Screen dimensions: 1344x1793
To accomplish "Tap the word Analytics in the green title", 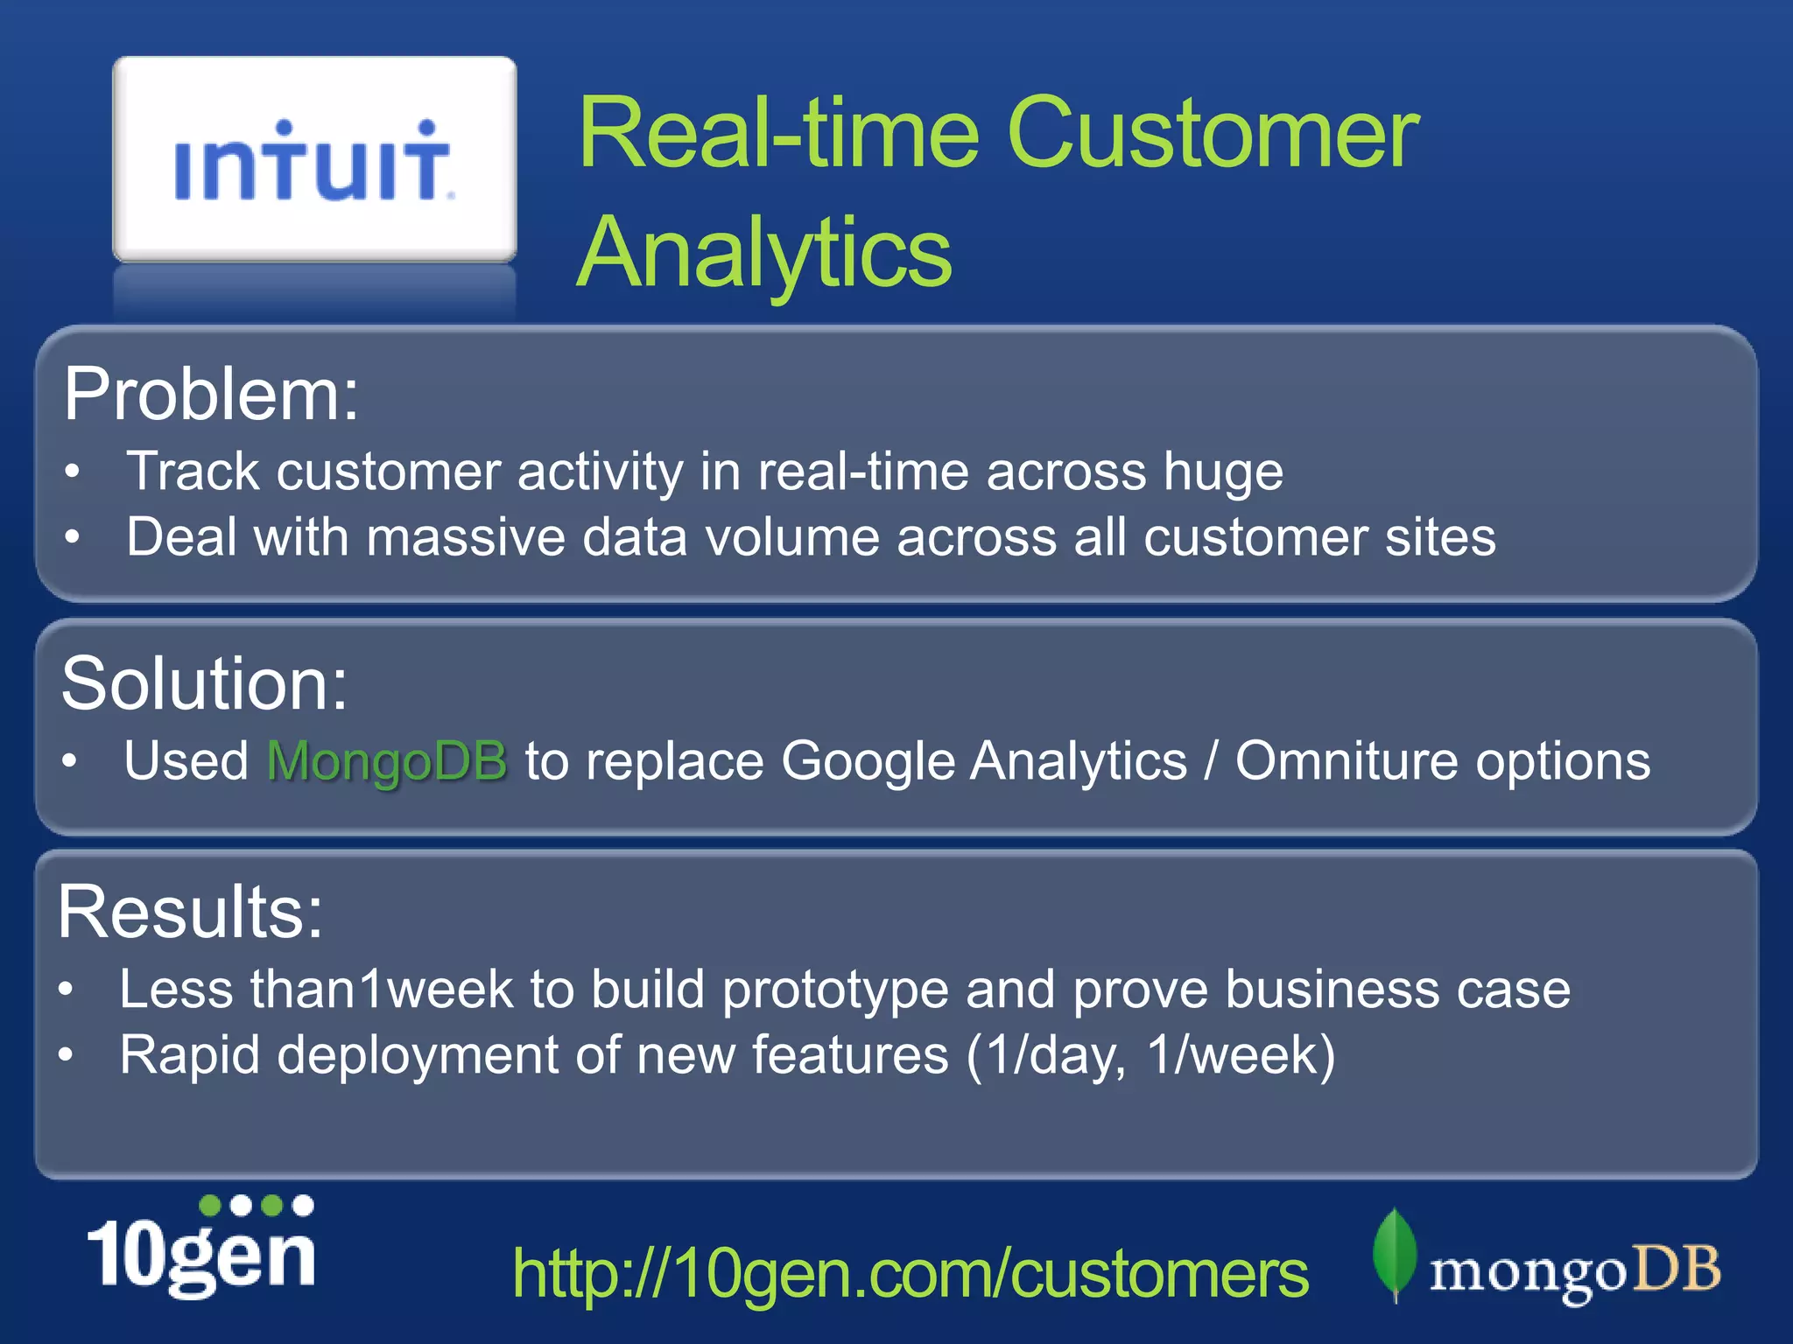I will pyautogui.click(x=764, y=252).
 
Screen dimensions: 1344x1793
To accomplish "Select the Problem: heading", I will pyautogui.click(x=211, y=395).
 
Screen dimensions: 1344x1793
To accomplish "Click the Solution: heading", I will pyautogui.click(x=204, y=683).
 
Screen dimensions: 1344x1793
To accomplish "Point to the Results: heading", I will pyautogui.click(x=190, y=912).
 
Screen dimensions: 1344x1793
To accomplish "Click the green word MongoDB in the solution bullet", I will pyautogui.click(x=386, y=760).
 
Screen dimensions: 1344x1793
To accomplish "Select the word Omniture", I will pyautogui.click(x=1347, y=760).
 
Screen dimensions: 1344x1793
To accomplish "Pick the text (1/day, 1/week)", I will pyautogui.click(x=1150, y=1054).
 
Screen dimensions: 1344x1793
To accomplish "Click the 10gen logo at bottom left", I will pyautogui.click(x=201, y=1248).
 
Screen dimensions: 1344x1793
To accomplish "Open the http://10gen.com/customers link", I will pyautogui.click(x=910, y=1274).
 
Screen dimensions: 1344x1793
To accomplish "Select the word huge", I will pyautogui.click(x=1222, y=472).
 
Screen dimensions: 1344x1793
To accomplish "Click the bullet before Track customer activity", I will pyautogui.click(x=73, y=472).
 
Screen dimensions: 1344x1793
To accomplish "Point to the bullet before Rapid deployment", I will pyautogui.click(x=66, y=1055).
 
